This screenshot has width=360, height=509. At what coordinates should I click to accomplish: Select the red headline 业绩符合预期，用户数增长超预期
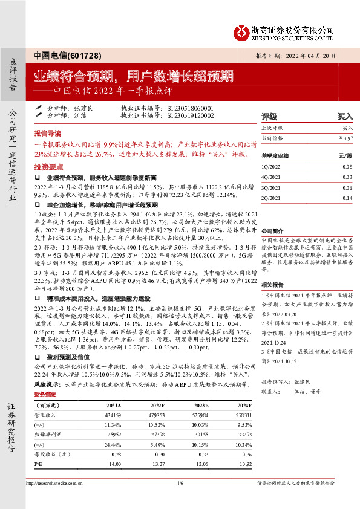click(133, 76)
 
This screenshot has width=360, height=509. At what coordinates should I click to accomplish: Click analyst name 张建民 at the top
click(84, 108)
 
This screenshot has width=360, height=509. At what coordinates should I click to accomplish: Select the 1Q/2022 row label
click(270, 167)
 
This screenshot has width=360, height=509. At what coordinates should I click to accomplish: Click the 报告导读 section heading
click(47, 132)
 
